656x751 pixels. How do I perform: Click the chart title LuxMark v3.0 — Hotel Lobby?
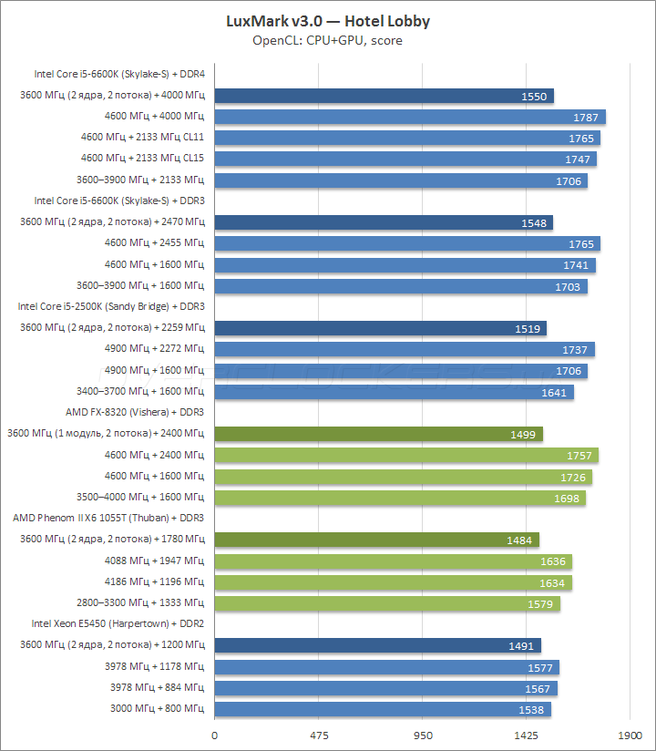point(328,21)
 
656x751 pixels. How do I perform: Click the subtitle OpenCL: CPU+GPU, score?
point(328,40)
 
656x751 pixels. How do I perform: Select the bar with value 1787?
point(410,117)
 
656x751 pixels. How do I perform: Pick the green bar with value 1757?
point(405,455)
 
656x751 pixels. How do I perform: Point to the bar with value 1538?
point(383,709)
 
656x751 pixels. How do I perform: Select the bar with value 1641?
point(394,392)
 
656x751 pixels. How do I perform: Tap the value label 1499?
point(524,435)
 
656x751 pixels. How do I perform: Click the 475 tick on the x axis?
point(318,734)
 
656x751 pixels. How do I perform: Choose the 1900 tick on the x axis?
point(630,734)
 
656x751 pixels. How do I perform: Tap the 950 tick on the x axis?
point(422,734)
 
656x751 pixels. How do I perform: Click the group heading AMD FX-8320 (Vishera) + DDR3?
point(135,412)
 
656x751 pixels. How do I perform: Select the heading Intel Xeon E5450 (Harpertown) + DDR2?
point(118,623)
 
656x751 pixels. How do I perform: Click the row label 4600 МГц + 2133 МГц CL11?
point(142,138)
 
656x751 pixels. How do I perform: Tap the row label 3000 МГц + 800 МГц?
point(157,708)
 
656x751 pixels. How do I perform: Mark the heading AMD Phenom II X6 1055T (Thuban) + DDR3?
point(108,518)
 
